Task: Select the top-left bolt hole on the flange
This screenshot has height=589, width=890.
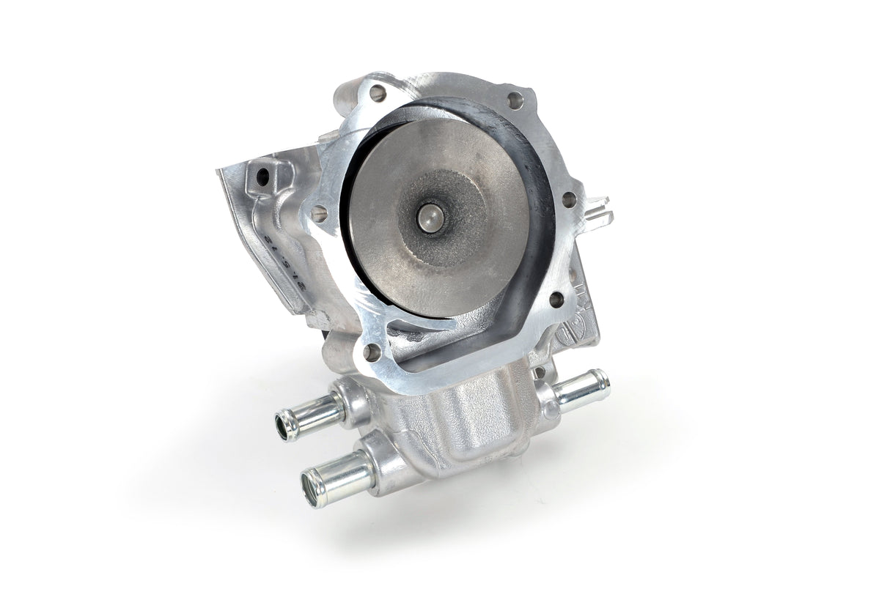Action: (378, 93)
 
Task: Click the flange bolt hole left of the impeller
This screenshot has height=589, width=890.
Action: (320, 213)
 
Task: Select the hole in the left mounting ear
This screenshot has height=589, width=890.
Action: (261, 177)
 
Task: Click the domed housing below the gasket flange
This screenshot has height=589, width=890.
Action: (469, 410)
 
